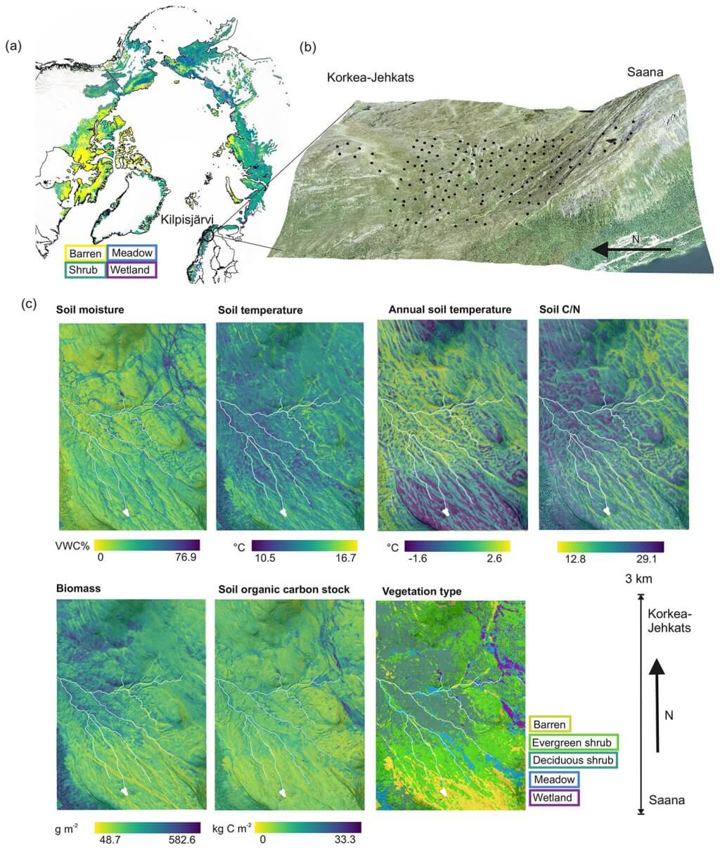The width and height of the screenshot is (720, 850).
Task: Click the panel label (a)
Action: click(13, 46)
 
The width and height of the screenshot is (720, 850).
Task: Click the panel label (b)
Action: click(307, 48)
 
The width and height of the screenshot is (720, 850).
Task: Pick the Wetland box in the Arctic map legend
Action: click(131, 269)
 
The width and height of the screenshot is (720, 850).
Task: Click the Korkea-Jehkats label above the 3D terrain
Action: click(370, 78)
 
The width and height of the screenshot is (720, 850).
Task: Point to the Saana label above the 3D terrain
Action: click(645, 70)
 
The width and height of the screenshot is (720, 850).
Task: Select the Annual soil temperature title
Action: click(449, 309)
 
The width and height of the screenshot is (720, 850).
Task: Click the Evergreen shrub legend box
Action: click(572, 742)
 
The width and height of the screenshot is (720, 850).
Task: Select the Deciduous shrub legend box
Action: click(572, 761)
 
